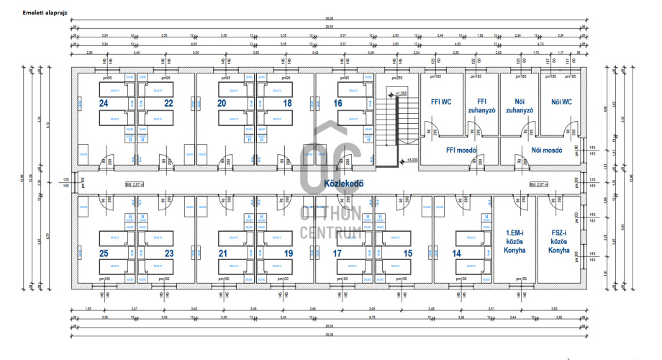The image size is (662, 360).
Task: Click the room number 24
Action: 104,104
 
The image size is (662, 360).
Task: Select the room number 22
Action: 168,104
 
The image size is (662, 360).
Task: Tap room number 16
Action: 337,104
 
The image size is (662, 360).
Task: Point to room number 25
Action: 104,253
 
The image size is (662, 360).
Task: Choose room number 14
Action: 456,253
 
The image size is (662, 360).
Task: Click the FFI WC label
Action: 440,102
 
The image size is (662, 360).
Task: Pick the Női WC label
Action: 562,102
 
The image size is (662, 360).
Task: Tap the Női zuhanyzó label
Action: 519,107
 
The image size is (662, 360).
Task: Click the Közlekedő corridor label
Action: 344,183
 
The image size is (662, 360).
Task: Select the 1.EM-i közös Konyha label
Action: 515,241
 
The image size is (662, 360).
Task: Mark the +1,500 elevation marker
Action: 402,94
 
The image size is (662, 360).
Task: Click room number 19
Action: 288,253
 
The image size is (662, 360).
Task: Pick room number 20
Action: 223,104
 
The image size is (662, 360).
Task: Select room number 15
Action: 407,253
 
